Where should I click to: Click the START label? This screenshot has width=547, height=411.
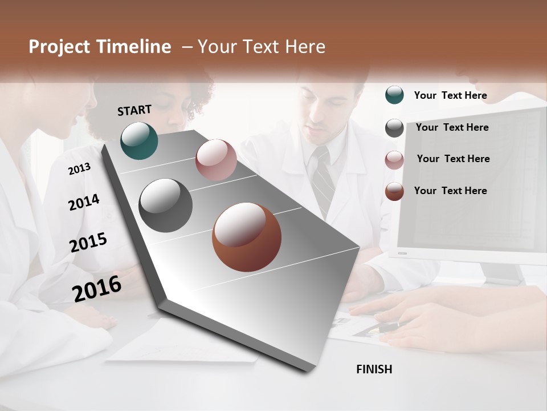pos(134,110)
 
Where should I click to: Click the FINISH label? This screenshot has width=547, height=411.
pos(374,369)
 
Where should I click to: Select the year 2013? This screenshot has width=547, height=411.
pos(79,168)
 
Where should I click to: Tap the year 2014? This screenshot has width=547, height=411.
pos(84,202)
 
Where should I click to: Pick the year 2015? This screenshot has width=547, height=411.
pos(88,243)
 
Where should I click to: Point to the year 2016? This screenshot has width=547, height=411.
pos(97,288)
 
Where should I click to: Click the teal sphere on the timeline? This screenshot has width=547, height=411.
pos(139,140)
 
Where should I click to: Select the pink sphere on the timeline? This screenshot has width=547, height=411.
pos(216,159)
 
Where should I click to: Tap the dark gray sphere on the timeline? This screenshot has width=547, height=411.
pos(166,205)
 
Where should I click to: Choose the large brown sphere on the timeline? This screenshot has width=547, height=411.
pos(247,237)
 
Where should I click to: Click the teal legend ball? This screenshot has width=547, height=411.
pos(394,95)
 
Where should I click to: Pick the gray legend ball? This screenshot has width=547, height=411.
pos(394,128)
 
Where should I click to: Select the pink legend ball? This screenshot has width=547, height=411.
pos(394,160)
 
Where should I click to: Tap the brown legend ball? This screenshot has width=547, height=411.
pos(394,191)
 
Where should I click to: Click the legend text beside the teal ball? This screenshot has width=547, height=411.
pos(450,95)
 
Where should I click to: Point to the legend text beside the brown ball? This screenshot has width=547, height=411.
pos(450,191)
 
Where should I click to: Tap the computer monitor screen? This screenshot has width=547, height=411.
pos(473,183)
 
